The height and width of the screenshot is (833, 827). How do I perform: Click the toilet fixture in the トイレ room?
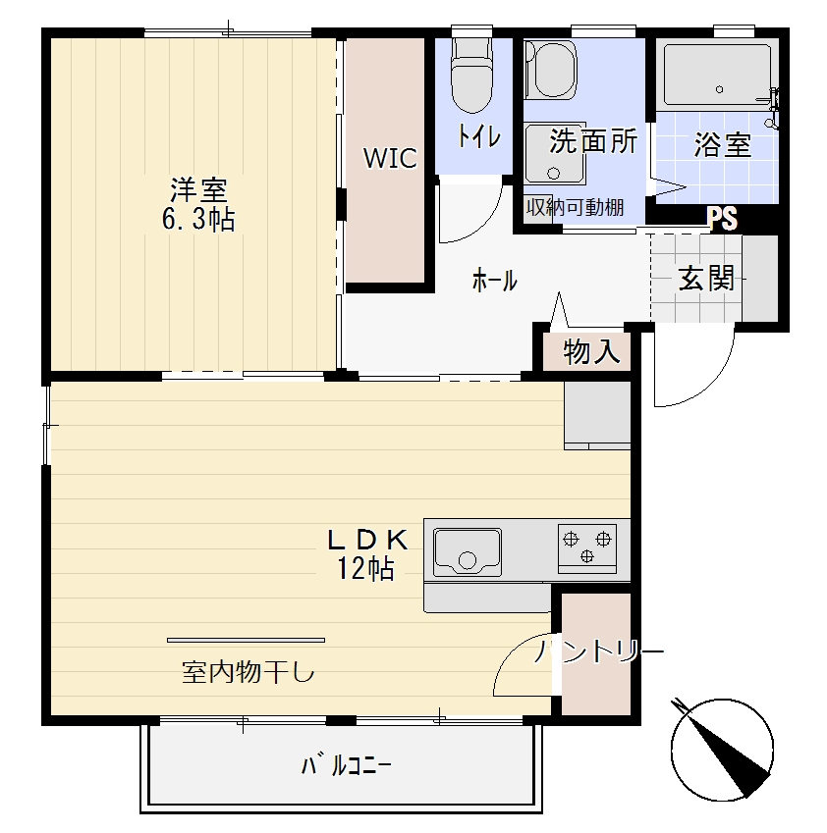pyautogui.click(x=471, y=75)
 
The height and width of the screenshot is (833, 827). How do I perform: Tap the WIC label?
pyautogui.click(x=390, y=158)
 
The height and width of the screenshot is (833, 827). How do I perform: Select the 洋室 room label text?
pyautogui.click(x=198, y=189)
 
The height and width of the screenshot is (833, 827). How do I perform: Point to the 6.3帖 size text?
pyautogui.click(x=198, y=219)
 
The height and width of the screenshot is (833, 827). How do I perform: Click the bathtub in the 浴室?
pyautogui.click(x=717, y=76)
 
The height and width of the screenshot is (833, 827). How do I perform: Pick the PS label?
pyautogui.click(x=722, y=219)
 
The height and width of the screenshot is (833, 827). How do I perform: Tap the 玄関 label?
pyautogui.click(x=706, y=278)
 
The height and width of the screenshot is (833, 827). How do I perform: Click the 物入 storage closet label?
pyautogui.click(x=591, y=351)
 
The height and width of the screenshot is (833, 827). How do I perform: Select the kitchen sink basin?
pyautogui.click(x=467, y=552)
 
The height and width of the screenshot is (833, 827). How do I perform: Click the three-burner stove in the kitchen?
pyautogui.click(x=587, y=548)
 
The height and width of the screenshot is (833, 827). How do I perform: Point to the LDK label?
pyautogui.click(x=368, y=541)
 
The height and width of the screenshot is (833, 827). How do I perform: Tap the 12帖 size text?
pyautogui.click(x=365, y=568)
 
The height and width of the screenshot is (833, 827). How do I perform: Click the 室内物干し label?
pyautogui.click(x=248, y=672)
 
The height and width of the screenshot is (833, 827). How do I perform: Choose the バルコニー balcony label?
pyautogui.click(x=347, y=766)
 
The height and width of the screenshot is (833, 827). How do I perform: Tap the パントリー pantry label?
pyautogui.click(x=599, y=651)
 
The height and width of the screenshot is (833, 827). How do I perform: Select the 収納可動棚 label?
pyautogui.click(x=575, y=207)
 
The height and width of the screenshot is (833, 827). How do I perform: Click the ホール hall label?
pyautogui.click(x=494, y=280)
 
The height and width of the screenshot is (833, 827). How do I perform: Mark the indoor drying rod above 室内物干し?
pyautogui.click(x=246, y=640)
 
